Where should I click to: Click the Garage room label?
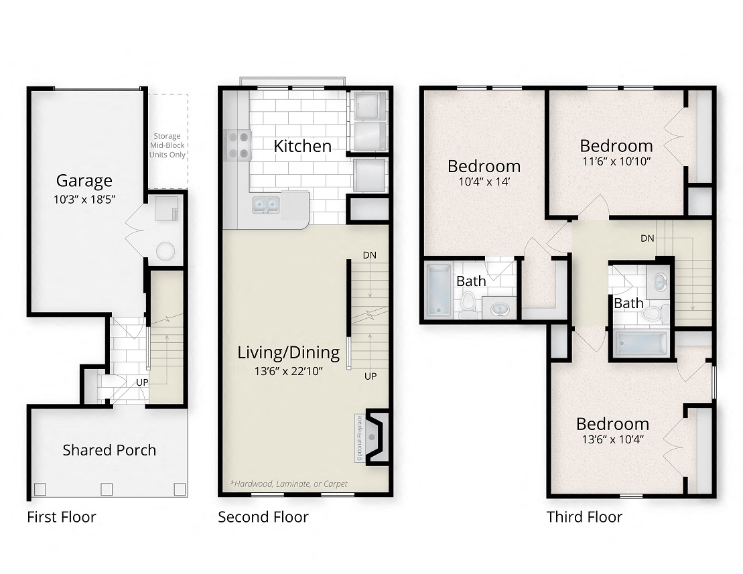click(x=84, y=180)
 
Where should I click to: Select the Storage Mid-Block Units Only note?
click(x=167, y=145)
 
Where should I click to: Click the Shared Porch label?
click(x=109, y=449)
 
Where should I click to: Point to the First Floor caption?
click(x=61, y=517)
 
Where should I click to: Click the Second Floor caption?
click(x=263, y=517)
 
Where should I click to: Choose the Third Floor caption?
click(x=584, y=517)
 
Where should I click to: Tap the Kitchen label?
click(x=302, y=145)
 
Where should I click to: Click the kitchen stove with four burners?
click(x=238, y=144)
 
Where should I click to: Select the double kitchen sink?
click(x=266, y=204)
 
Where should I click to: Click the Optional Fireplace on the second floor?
click(x=372, y=437)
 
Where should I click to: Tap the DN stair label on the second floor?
click(x=369, y=255)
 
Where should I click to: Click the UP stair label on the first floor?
click(x=142, y=382)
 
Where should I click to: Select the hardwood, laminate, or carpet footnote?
click(x=288, y=483)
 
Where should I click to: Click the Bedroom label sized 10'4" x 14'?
click(x=484, y=165)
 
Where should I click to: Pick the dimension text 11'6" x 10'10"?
click(x=616, y=161)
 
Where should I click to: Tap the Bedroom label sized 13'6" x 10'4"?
click(x=612, y=424)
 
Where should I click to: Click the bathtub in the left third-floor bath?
click(x=440, y=290)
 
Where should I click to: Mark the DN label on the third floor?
click(x=647, y=238)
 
